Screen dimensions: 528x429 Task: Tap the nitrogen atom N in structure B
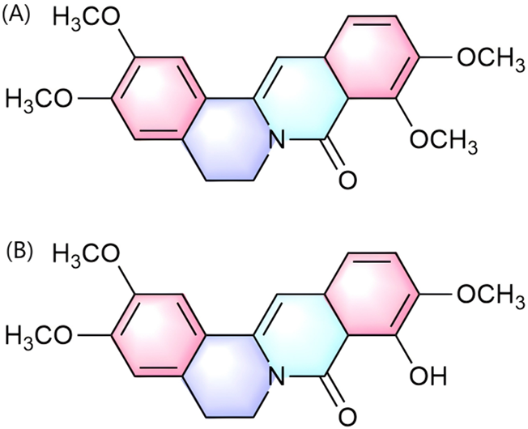pos(278,374)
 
